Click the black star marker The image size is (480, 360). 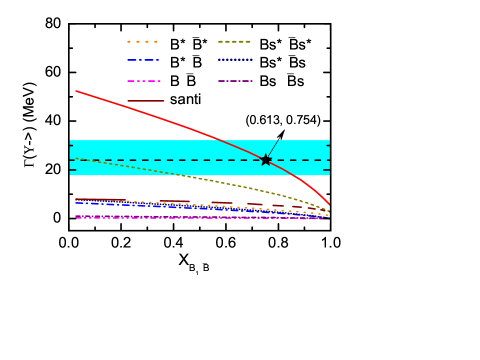(265, 160)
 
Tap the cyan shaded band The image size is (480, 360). (150, 149)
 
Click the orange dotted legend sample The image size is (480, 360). (142, 42)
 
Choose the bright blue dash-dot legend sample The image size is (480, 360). (142, 61)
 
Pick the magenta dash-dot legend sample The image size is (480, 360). (142, 81)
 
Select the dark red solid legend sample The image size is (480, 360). (146, 101)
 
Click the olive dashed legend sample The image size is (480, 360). (234, 42)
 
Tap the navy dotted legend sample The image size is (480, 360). (234, 61)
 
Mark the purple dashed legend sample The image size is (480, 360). (234, 81)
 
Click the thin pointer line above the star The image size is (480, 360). (273, 147)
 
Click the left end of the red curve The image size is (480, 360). (77, 91)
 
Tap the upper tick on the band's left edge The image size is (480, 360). (72, 146)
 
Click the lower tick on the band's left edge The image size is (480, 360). (72, 170)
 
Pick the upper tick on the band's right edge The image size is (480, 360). (327, 146)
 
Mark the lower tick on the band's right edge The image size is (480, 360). (327, 170)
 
